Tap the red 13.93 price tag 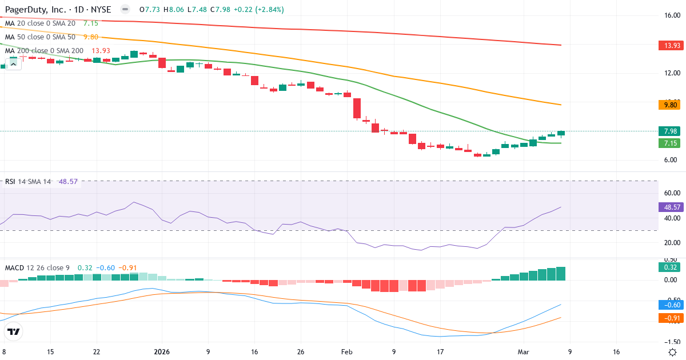[x=670, y=45]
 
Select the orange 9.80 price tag [x=670, y=105]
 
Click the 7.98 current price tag [x=670, y=131]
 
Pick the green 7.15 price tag [x=670, y=143]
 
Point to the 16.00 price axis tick [x=671, y=15]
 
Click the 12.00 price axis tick [x=671, y=73]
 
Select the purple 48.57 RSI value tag [x=670, y=207]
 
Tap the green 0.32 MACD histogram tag [x=670, y=267]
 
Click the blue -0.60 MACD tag [x=670, y=305]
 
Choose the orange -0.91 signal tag [x=670, y=318]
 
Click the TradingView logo [x=14, y=331]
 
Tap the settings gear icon [x=673, y=352]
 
